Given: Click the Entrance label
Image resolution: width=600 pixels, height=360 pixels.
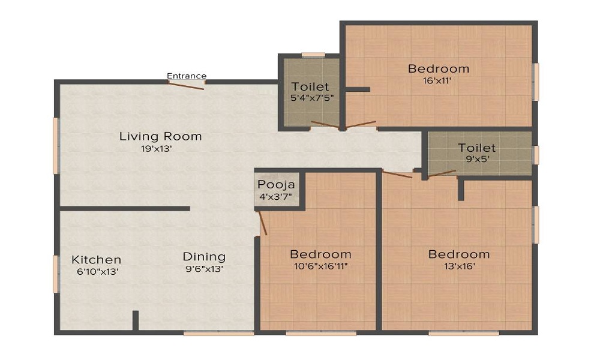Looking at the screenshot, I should [187, 76].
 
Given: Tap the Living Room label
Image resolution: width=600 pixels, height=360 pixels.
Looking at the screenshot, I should [160, 136].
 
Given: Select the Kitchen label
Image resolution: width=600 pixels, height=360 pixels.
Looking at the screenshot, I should [97, 260].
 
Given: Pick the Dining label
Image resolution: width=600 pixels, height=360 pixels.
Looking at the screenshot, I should [204, 257].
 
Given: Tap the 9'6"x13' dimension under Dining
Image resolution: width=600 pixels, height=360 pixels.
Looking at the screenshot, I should [204, 269].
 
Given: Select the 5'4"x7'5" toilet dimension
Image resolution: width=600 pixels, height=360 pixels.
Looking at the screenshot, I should [310, 98].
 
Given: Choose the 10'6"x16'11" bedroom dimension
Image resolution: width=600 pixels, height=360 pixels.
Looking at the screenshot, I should [320, 266].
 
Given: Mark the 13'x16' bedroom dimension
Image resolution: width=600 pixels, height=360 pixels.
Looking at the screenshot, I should [458, 267].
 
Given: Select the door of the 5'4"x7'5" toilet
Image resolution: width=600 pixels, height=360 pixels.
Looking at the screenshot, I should [324, 125].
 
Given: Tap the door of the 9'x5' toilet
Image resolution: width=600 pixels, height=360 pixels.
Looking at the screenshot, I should [442, 174].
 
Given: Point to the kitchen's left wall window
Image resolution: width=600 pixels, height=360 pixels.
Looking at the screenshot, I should [56, 274].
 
